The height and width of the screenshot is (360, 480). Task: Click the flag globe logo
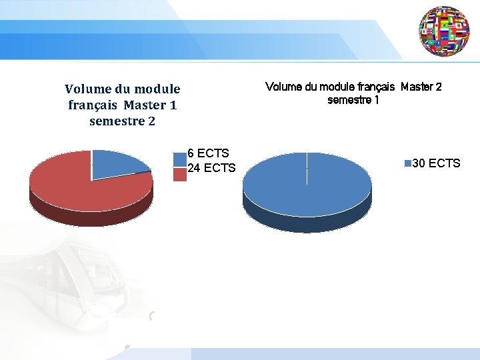pos(445,31)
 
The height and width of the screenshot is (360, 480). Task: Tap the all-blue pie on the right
pos(307,183)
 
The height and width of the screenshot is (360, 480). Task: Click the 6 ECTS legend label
pos(208,153)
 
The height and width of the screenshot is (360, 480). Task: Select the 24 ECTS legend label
pos(211,168)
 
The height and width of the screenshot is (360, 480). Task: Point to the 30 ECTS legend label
pos(436,163)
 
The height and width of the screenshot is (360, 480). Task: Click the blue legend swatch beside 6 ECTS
pos(179,159)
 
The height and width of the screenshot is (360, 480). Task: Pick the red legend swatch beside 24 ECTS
pos(179,174)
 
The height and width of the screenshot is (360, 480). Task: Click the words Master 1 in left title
pos(150,105)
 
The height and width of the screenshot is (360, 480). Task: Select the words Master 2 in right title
pos(421,87)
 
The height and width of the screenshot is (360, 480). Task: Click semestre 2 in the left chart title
pos(122,121)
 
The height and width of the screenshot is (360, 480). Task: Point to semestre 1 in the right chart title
pos(353,100)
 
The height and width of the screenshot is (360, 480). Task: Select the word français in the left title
pos(93,105)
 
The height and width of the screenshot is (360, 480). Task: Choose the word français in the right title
pos(374,87)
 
